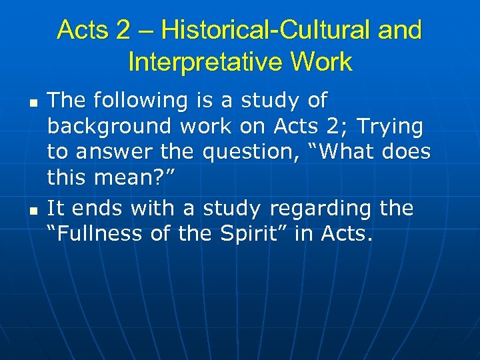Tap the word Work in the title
[x=322, y=62]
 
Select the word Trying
[x=389, y=126]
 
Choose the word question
[x=245, y=152]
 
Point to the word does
[x=407, y=152]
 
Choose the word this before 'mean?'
[x=69, y=178]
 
